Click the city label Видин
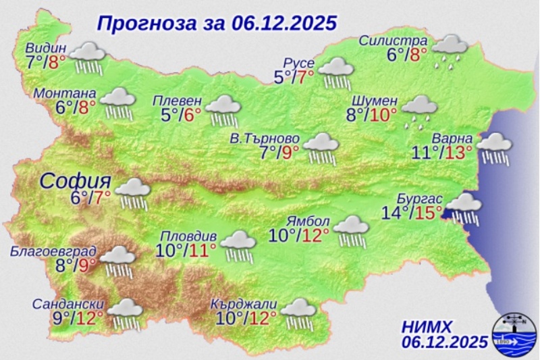point(47,48)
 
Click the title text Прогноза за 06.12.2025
point(216,24)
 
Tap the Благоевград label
point(53,253)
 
